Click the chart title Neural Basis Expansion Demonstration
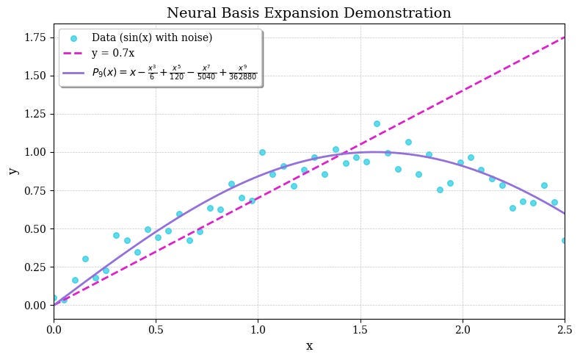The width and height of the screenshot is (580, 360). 309,13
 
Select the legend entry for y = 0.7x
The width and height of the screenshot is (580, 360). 112,54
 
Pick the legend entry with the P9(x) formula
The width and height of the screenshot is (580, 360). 174,73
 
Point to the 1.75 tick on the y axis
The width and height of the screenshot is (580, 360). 35,37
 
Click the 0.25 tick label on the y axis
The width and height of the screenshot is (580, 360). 35,267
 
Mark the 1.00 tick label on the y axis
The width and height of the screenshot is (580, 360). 35,152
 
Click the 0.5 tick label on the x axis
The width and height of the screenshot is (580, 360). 156,330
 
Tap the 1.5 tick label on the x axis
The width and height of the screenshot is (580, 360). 360,330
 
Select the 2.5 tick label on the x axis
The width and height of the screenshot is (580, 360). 565,330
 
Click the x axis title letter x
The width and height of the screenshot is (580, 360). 309,346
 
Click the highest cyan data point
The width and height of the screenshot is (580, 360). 377,123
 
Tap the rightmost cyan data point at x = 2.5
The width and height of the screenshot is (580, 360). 565,240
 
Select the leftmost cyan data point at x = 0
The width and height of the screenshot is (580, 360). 54,298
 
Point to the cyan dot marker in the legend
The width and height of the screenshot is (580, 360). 73,38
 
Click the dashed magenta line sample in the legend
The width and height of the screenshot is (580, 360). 73,54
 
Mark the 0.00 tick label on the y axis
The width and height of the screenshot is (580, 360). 35,305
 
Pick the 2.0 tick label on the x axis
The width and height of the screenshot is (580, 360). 463,330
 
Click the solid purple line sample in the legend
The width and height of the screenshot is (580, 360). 73,73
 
